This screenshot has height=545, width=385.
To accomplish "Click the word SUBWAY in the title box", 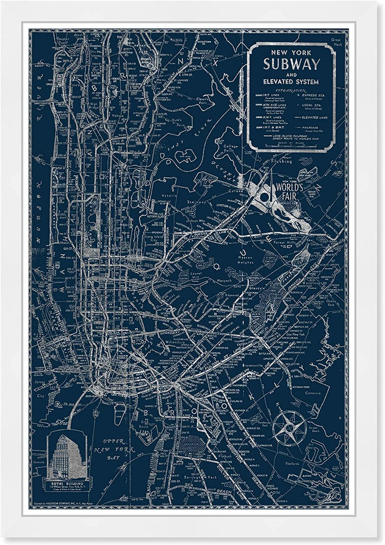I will tap(291, 65).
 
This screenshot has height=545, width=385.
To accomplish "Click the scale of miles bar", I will tap(291, 143).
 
